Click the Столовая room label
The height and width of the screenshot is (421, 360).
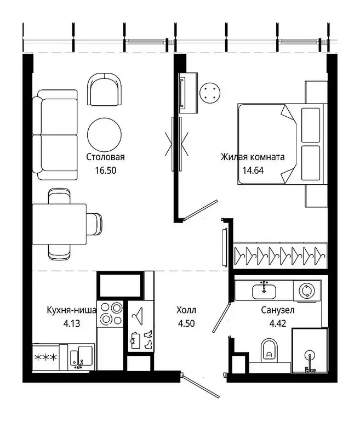[x=105, y=157]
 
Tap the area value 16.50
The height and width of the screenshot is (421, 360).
[x=106, y=170]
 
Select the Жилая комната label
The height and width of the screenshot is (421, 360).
[x=253, y=157]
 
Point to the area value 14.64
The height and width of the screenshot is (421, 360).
[x=253, y=170]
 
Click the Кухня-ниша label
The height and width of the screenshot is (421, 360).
[x=72, y=310]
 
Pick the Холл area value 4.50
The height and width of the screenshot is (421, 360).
[x=186, y=323]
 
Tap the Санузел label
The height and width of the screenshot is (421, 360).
[x=278, y=310]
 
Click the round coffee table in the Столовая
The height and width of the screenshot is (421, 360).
[x=105, y=134]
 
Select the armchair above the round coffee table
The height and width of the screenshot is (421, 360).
[x=105, y=89]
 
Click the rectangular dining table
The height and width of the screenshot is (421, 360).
[x=59, y=224]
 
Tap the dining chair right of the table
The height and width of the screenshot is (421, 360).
[x=94, y=224]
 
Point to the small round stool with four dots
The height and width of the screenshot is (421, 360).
[x=210, y=93]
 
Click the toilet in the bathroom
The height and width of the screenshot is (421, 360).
[x=269, y=349]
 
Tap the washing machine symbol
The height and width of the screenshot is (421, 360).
[x=307, y=291]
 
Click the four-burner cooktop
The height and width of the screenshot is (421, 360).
[x=110, y=314]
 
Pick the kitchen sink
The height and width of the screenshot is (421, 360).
[x=81, y=357]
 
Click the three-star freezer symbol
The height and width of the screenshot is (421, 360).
[x=46, y=357]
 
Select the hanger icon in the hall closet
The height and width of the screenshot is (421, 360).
[x=138, y=313]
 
